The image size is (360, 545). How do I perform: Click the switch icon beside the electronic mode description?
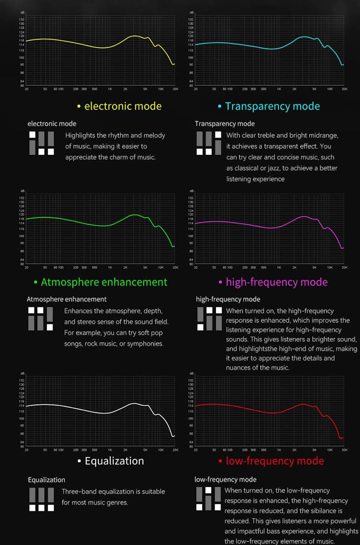(x=41, y=143)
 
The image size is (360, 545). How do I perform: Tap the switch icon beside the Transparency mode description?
(x=209, y=143)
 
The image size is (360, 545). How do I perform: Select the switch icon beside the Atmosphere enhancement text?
(x=40, y=318)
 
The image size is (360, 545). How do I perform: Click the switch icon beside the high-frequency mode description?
(x=209, y=318)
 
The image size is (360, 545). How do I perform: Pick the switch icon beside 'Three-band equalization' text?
(x=41, y=499)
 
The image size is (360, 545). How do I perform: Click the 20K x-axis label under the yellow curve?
(x=175, y=89)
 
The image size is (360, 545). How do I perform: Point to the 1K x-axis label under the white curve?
(x=110, y=450)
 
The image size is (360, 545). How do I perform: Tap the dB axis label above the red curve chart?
(x=191, y=373)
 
